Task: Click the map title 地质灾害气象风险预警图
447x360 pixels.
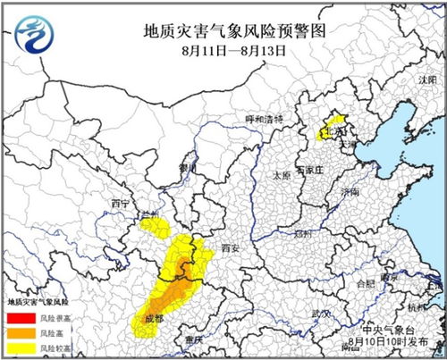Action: click(x=234, y=31)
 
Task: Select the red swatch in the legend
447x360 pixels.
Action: click(x=19, y=317)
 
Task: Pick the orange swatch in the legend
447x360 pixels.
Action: click(x=19, y=331)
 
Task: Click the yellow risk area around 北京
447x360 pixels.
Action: click(x=333, y=126)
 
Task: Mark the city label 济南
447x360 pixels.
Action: click(x=350, y=192)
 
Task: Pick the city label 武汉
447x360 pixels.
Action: click(x=319, y=314)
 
